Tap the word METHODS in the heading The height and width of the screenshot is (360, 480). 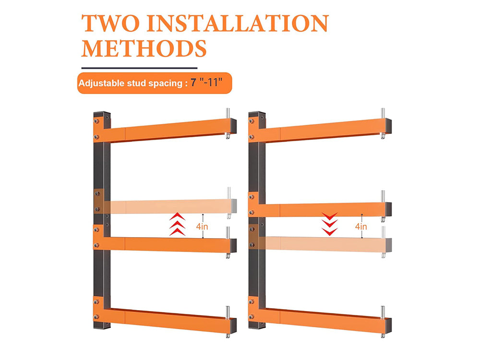click(144, 48)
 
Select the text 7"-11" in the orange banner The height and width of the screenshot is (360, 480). click(206, 83)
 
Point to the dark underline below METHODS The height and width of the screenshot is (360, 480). click(139, 68)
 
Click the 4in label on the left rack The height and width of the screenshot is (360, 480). click(202, 227)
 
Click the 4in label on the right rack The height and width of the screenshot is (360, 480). click(361, 227)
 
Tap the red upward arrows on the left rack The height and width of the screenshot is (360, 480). click(177, 224)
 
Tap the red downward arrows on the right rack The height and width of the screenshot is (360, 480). click(330, 224)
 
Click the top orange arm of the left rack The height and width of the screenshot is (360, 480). click(165, 130)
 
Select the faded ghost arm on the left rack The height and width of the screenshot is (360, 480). click(165, 206)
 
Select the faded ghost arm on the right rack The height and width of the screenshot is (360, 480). click(320, 243)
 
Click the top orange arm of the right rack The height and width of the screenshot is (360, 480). click(320, 130)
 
